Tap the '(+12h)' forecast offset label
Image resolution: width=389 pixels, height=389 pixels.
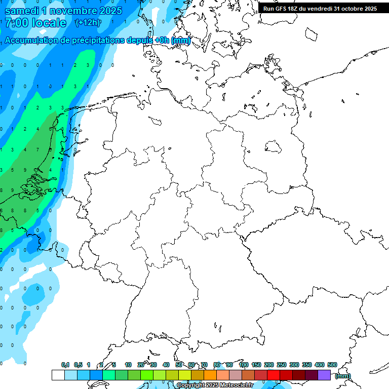88,23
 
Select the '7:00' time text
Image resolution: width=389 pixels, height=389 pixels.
16,23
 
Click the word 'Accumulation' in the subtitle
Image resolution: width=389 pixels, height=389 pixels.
31,41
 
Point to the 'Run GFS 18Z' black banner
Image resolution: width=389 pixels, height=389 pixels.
320,9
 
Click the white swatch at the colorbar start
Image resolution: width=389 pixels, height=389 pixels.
58,375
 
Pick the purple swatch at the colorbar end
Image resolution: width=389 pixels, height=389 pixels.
324,375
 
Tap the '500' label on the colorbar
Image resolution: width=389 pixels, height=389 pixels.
332,365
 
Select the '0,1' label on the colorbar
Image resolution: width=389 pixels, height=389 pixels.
65,365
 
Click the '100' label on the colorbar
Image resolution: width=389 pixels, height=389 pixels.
244,365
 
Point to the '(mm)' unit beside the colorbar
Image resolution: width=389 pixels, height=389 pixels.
343,376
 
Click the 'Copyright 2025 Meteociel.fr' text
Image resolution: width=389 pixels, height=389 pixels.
215,385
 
